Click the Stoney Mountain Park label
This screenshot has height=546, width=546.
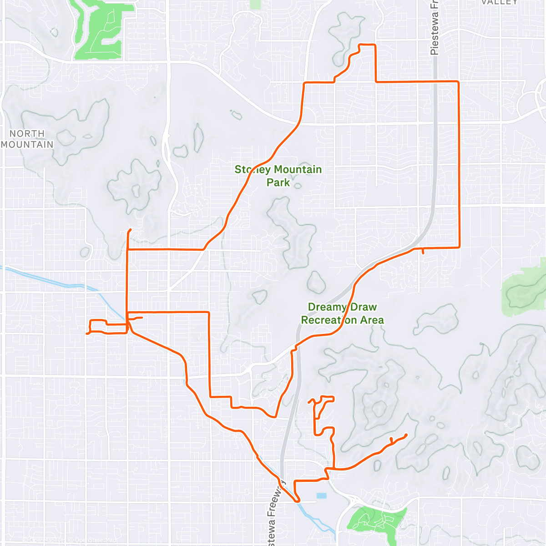[x=278, y=176]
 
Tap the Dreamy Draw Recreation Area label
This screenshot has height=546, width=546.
[x=342, y=313]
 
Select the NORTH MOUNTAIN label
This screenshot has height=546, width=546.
[x=27, y=139]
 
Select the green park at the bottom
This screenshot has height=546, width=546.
[x=375, y=519]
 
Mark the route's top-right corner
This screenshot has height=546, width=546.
[x=458, y=82]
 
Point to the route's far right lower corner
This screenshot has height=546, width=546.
[x=459, y=247]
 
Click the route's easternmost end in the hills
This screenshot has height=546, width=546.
[x=405, y=435]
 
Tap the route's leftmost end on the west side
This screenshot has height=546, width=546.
[x=86, y=334]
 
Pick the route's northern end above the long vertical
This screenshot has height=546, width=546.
[x=131, y=229]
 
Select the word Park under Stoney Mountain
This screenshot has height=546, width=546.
[x=278, y=182]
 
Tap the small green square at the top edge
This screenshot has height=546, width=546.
[x=256, y=4]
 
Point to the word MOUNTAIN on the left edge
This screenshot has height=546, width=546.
[x=27, y=145]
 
